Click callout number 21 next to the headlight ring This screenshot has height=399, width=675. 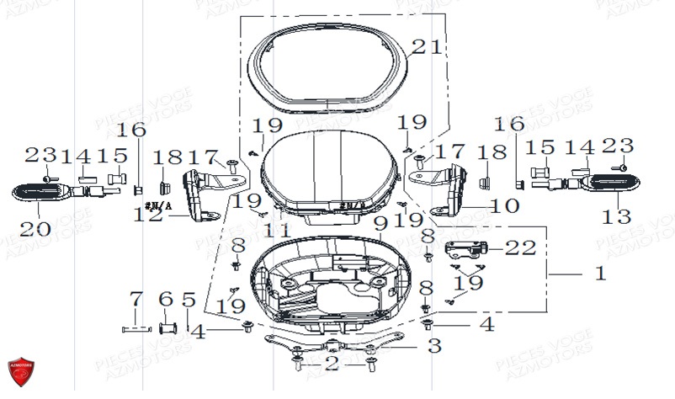pyautogui.click(x=426, y=48)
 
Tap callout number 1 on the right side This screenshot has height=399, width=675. pyautogui.click(x=600, y=274)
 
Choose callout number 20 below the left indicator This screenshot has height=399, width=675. pyautogui.click(x=36, y=228)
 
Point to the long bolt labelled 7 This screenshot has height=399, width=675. pyautogui.click(x=137, y=327)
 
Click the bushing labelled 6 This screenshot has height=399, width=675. pyautogui.click(x=166, y=327)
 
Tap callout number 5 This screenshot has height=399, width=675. pyautogui.click(x=188, y=300)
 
